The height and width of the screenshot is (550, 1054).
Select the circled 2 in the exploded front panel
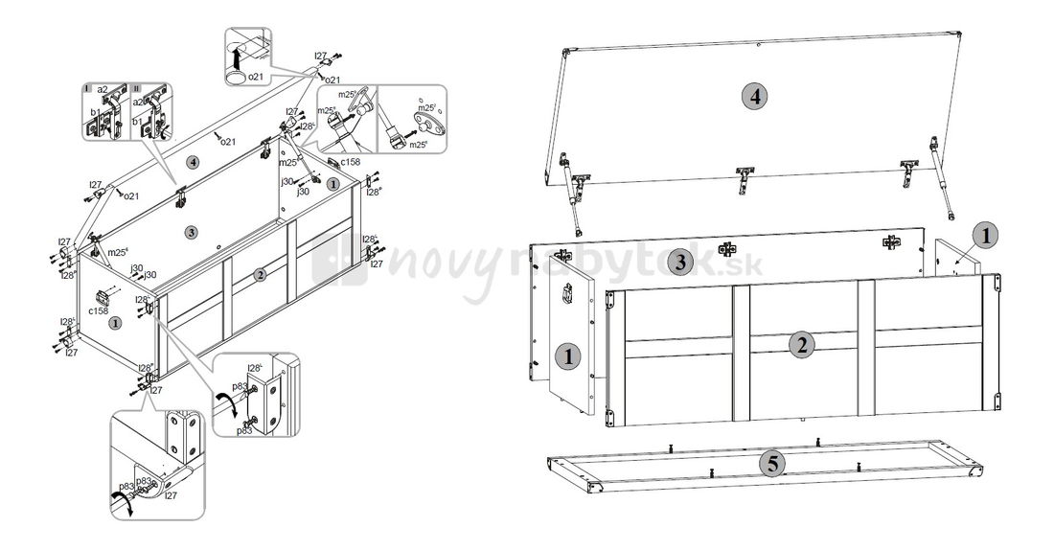[x=802, y=346]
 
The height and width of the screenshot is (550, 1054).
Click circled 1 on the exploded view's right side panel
[x=985, y=235]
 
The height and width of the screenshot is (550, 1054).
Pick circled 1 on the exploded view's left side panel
[x=568, y=357]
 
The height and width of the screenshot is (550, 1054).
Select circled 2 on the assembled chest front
[x=260, y=274]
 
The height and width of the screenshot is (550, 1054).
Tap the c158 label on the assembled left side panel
[x=98, y=310]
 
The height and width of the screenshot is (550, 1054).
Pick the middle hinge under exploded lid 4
[x=744, y=179]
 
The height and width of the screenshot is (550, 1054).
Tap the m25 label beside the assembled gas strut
[x=288, y=162]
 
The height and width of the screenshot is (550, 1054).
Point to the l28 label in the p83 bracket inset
[x=255, y=368]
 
